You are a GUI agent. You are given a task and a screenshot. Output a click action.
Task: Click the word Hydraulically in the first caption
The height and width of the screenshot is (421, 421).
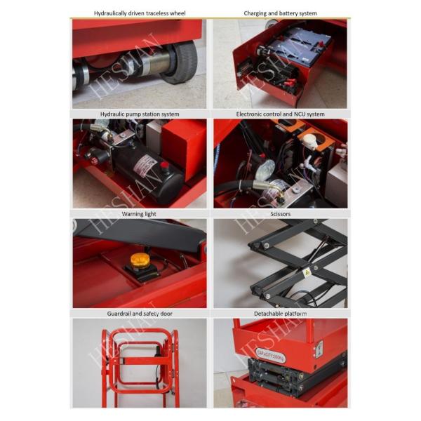pos(112,13)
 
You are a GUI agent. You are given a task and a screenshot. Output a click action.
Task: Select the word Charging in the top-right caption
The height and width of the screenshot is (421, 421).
pos(256,13)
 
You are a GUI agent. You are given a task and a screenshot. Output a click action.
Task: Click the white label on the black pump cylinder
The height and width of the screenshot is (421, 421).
pos(146,166)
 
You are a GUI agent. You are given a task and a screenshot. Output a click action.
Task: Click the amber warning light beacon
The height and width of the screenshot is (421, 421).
pos(140,261)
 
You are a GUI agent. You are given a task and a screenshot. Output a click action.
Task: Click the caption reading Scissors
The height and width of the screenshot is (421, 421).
pos(280,214)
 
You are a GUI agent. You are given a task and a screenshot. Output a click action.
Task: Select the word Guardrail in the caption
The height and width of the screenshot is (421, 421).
pos(117,314)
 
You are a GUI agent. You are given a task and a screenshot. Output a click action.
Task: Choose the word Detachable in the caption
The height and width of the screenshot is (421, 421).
pos(268,314)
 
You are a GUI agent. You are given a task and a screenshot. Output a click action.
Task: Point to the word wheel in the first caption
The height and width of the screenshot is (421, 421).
pos(178,13)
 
